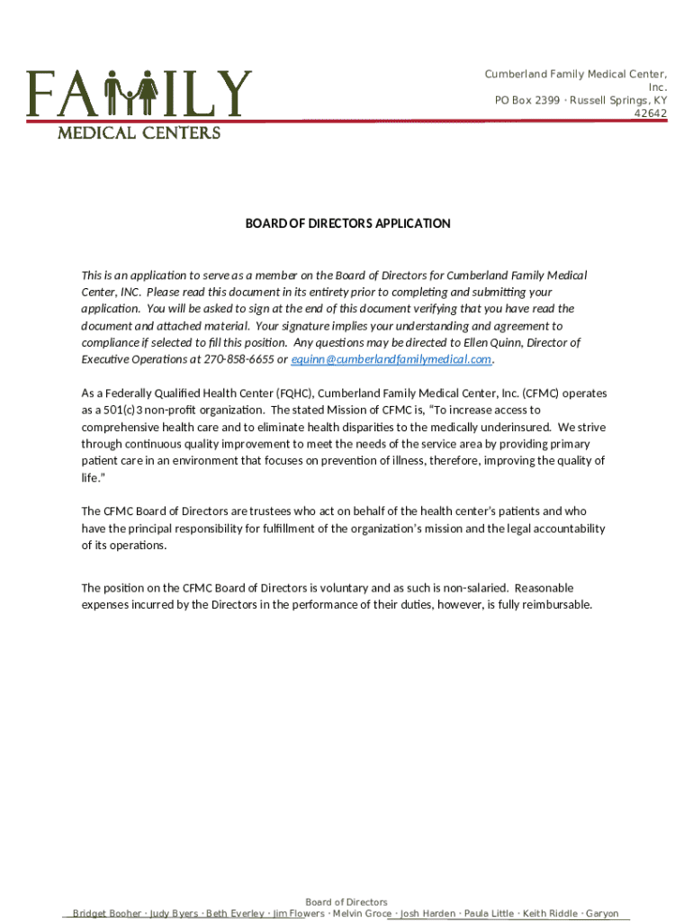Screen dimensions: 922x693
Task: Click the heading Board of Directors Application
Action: (x=347, y=223)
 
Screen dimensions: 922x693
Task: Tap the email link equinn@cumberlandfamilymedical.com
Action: (x=392, y=359)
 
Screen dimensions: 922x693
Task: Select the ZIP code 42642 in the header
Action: (x=651, y=113)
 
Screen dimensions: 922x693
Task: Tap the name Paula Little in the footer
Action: (x=489, y=914)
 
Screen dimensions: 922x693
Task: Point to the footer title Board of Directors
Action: (x=346, y=902)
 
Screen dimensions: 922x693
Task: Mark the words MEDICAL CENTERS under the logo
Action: (x=139, y=133)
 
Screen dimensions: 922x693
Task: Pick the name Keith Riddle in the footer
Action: (x=550, y=914)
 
